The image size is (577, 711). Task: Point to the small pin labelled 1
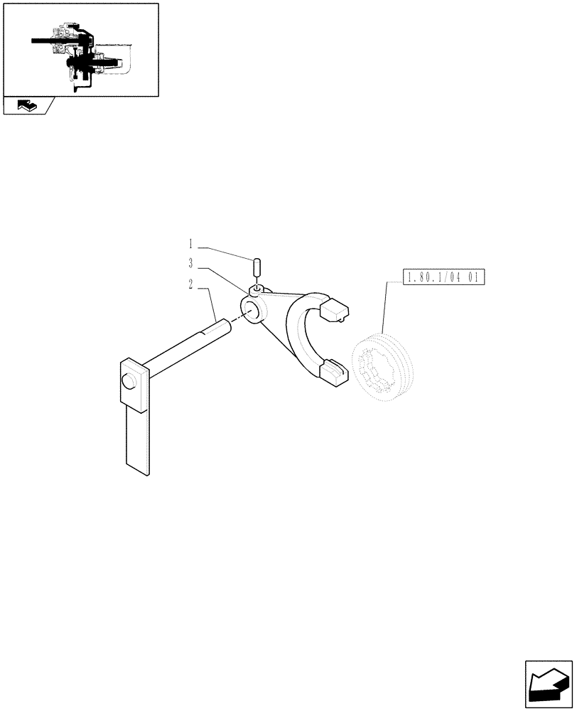point(257,269)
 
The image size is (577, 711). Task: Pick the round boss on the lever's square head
point(128,382)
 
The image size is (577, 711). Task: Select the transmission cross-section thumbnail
point(80,49)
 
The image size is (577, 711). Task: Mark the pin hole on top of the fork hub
point(257,289)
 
